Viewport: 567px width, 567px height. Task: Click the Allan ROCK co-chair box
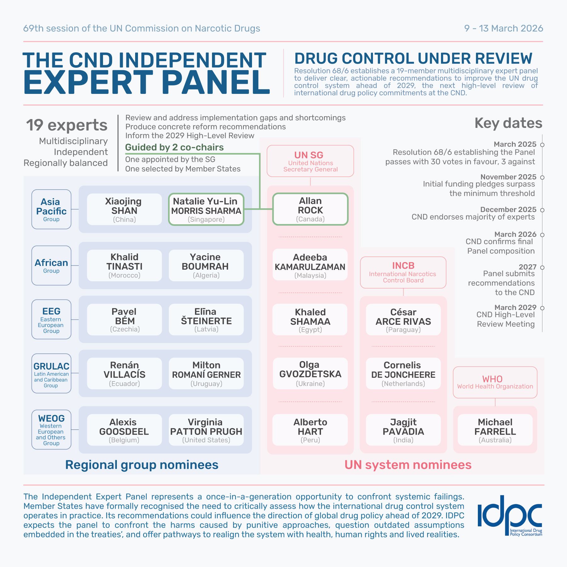point(310,209)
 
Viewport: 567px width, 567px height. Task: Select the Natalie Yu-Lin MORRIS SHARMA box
point(206,209)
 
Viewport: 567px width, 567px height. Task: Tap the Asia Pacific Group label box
point(51,209)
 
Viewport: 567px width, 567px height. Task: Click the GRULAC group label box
point(51,373)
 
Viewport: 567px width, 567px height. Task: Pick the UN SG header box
point(310,161)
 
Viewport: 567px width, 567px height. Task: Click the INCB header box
point(403,272)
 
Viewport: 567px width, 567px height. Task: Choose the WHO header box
point(495,382)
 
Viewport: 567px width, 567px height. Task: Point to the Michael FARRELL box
point(495,430)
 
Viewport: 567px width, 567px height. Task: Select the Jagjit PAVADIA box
point(403,430)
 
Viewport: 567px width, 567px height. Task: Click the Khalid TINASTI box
point(124,266)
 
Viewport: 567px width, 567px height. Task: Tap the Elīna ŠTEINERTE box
point(206,320)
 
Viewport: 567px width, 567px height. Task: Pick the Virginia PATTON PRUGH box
point(206,430)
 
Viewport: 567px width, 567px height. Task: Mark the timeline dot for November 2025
point(542,177)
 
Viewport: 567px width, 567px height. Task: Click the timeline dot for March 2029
point(542,308)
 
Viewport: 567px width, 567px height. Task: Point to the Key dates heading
point(508,123)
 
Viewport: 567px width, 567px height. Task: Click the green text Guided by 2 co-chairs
point(175,147)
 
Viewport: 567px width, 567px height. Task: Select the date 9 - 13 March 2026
point(503,28)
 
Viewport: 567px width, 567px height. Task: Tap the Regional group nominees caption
point(142,465)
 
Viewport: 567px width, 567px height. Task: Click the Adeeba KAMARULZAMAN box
point(310,266)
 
